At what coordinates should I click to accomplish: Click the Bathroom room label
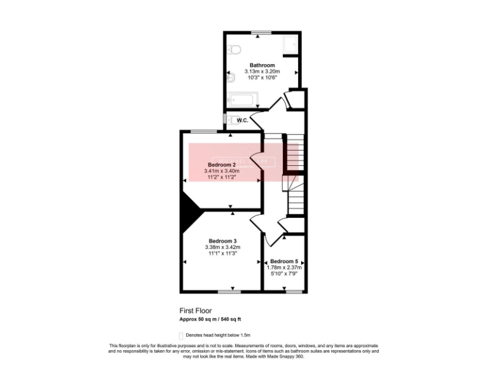(262, 65)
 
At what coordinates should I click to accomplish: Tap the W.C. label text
(242, 120)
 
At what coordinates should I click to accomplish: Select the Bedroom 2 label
(222, 165)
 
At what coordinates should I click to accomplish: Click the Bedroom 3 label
(222, 241)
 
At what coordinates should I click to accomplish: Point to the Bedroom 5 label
(284, 261)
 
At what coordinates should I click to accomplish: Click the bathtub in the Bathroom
(241, 100)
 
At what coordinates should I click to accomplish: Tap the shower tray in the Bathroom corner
(290, 44)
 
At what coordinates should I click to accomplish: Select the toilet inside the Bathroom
(233, 49)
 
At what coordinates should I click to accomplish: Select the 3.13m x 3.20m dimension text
(262, 72)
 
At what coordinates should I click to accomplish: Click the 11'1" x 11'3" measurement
(222, 254)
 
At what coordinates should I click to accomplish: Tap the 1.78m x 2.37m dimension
(284, 268)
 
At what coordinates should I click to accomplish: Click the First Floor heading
(195, 311)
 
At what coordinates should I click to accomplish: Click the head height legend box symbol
(181, 335)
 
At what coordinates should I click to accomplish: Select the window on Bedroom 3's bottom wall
(229, 292)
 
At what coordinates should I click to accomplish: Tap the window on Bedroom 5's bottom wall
(294, 292)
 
